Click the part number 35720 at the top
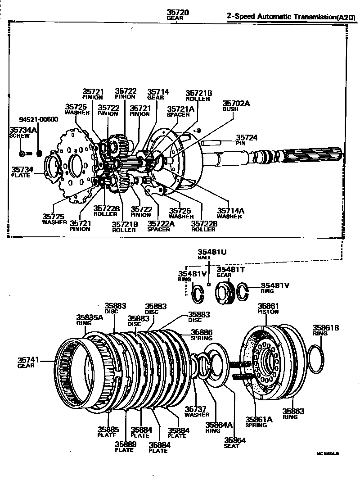click(178, 13)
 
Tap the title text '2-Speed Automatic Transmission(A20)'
click(292, 17)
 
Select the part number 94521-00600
click(38, 120)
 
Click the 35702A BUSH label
click(236, 106)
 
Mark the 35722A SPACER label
click(158, 226)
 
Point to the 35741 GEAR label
click(28, 362)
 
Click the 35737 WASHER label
click(197, 411)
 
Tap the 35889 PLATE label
click(124, 447)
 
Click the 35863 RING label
click(293, 413)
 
